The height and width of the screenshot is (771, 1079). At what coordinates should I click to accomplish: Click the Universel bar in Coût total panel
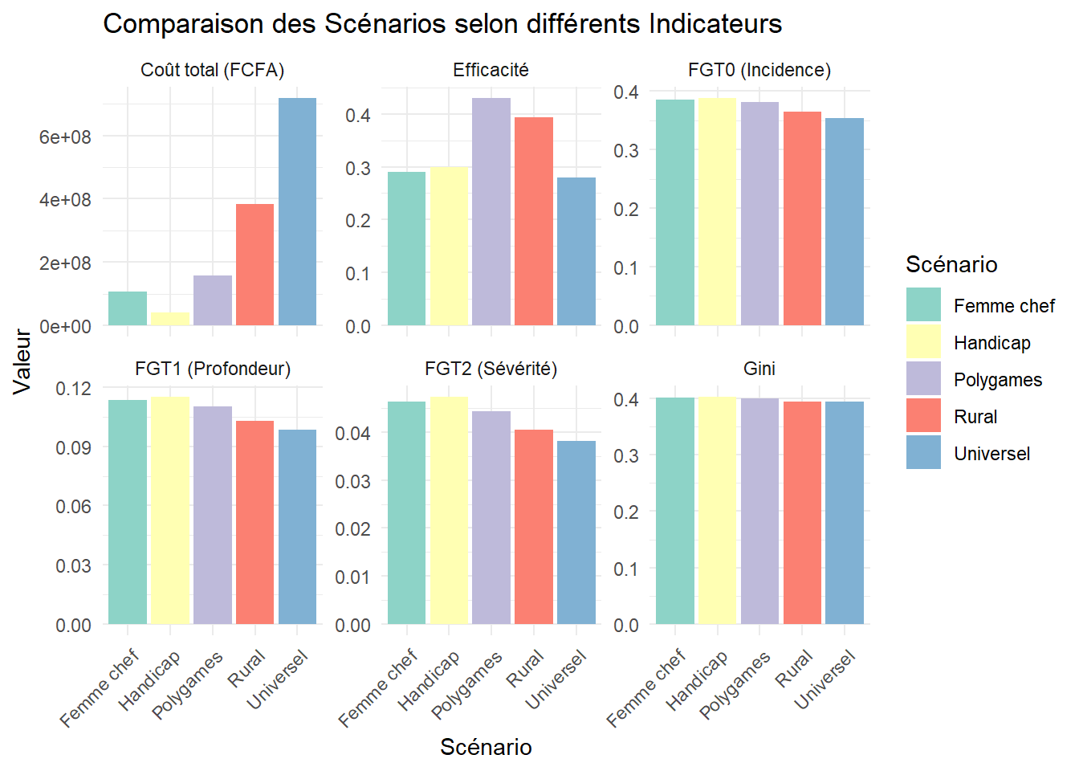pyautogui.click(x=297, y=212)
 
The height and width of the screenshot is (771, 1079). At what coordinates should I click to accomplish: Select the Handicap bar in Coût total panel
pyautogui.click(x=170, y=319)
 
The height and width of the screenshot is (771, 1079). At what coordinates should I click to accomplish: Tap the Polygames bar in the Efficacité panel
pyautogui.click(x=491, y=212)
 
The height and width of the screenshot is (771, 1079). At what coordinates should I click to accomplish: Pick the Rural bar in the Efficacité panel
pyautogui.click(x=534, y=222)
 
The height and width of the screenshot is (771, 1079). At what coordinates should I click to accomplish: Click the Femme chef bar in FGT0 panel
pyautogui.click(x=675, y=213)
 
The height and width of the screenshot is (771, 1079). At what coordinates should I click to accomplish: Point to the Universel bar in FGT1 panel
pyautogui.click(x=297, y=527)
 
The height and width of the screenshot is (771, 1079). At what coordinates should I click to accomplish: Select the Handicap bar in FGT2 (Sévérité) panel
pyautogui.click(x=449, y=510)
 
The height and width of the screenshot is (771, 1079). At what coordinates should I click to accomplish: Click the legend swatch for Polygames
pyautogui.click(x=923, y=378)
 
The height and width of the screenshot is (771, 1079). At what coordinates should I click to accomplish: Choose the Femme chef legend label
pyautogui.click(x=1004, y=306)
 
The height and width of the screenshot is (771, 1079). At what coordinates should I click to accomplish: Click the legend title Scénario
pyautogui.click(x=951, y=264)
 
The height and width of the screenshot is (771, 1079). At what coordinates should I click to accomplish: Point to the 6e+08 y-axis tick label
pyautogui.click(x=65, y=137)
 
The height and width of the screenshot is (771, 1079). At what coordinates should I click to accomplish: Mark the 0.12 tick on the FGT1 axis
pyautogui.click(x=73, y=389)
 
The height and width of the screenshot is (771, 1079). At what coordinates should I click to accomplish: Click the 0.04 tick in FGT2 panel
pyautogui.click(x=352, y=434)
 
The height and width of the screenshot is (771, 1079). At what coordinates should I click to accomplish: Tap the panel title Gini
pyautogui.click(x=759, y=369)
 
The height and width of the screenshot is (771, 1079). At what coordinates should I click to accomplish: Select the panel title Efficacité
pyautogui.click(x=491, y=71)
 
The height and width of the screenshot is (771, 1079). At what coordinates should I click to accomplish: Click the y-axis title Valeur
pyautogui.click(x=22, y=361)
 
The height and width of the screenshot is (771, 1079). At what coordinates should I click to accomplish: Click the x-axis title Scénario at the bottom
pyautogui.click(x=486, y=747)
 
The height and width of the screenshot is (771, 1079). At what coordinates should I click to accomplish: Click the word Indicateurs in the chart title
pyautogui.click(x=715, y=24)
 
